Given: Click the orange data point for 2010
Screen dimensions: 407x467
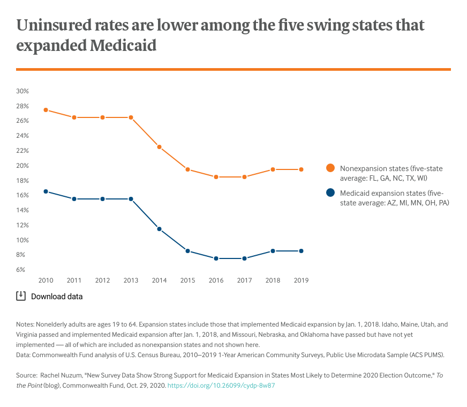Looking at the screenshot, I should point(46,110).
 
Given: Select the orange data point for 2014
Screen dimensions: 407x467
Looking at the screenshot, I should point(159,147).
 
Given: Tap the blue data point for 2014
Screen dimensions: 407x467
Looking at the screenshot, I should point(159,229).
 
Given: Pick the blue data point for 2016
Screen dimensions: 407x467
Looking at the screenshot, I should point(216,258).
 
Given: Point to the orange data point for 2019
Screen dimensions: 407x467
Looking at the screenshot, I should point(301,169).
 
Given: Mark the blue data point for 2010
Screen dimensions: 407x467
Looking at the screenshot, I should point(46,191).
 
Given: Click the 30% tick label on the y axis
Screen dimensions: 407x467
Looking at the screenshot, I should point(22,91).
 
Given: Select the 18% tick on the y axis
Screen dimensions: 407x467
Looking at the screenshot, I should point(22,181).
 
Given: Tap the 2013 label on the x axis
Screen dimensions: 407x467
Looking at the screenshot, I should point(131,280).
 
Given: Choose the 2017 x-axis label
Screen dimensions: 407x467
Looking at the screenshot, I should point(244,280).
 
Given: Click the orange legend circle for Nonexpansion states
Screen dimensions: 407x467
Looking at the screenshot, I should point(330,168).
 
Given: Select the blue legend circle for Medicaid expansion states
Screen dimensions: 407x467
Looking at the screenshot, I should point(330,193).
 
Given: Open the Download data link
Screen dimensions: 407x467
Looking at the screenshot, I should point(57,296).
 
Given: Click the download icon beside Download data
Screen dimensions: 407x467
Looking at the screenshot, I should point(21,295).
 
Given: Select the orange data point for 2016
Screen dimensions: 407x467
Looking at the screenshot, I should point(216,177).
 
